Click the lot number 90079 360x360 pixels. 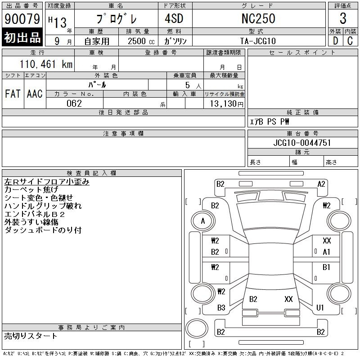[22, 19]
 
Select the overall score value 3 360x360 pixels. [343, 18]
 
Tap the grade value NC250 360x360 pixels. [258, 18]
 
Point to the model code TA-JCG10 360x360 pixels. [258, 41]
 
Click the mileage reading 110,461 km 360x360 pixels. [46, 64]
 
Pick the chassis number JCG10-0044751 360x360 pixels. [302, 143]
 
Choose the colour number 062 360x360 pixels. [74, 103]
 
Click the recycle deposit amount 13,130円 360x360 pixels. [227, 104]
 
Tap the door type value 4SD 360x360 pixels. [174, 18]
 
